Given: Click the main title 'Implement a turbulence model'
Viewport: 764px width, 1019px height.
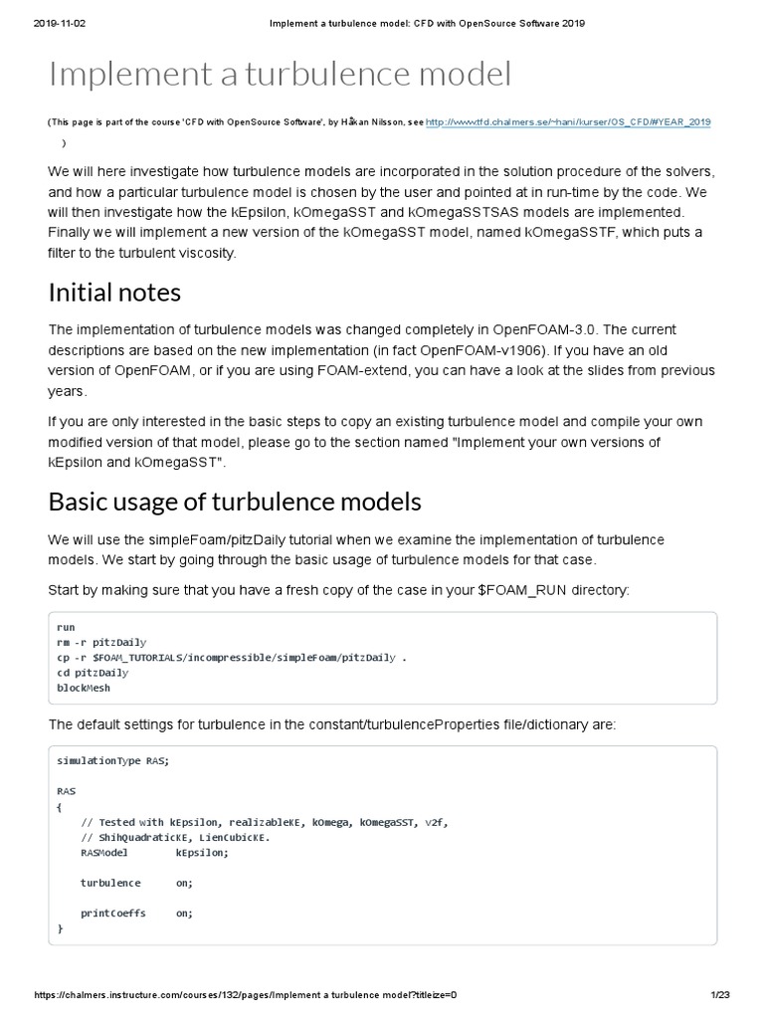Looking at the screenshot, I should [x=280, y=76].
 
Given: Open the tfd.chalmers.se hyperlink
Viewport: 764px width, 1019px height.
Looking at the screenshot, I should [x=567, y=121].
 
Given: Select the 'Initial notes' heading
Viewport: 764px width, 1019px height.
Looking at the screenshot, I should [x=115, y=293].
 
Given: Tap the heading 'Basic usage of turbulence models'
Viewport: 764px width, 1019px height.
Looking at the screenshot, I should [x=235, y=501].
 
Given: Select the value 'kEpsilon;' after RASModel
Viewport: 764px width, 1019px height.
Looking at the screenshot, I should [x=202, y=853].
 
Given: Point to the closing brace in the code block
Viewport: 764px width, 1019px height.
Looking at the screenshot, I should [x=61, y=927].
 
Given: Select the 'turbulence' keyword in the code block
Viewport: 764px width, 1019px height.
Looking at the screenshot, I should [x=110, y=883].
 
